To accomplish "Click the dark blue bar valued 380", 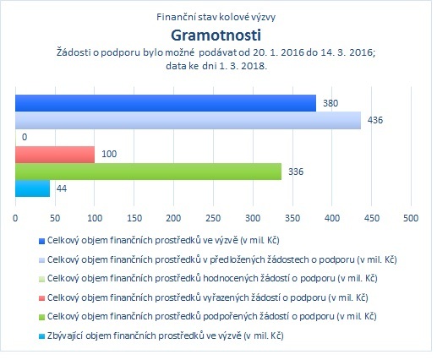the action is (166, 103).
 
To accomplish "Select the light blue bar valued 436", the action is (188, 120).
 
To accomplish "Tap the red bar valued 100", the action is (55, 155).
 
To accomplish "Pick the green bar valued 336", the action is (148, 172).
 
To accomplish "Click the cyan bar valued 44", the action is (32, 188).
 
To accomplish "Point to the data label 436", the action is (375, 120).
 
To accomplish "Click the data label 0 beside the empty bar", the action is (25, 137).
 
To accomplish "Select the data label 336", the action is (296, 172).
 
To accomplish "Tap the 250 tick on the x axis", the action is (213, 218).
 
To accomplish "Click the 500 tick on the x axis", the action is (411, 218).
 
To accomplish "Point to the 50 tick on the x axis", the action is (55, 218).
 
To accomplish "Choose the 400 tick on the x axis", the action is (332, 218).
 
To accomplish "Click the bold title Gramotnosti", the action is (216, 35).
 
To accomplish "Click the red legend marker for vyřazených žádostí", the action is (41, 298).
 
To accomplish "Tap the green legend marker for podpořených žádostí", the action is (41, 317).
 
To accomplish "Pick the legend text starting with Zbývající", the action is (166, 335).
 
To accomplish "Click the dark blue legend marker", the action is (41, 241).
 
